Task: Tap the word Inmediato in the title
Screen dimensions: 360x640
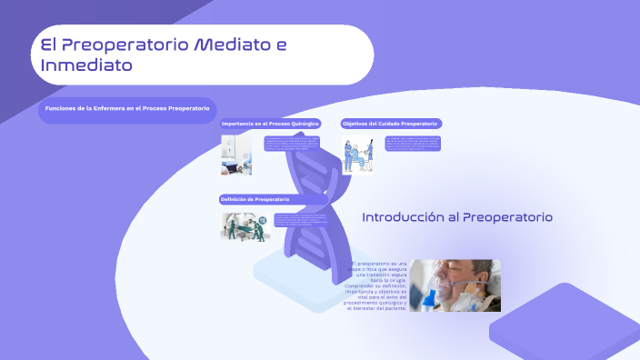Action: pyautogui.click(x=86, y=65)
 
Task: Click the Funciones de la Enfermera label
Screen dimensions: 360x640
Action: pyautogui.click(x=127, y=109)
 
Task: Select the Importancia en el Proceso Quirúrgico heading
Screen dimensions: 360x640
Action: pyautogui.click(x=271, y=123)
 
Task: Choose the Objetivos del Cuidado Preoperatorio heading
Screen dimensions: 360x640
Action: pyautogui.click(x=391, y=123)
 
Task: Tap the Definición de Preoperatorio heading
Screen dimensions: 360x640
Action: pyautogui.click(x=255, y=199)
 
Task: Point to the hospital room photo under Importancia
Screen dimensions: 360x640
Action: pyautogui.click(x=236, y=154)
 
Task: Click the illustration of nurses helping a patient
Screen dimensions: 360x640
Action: pyautogui.click(x=358, y=155)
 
